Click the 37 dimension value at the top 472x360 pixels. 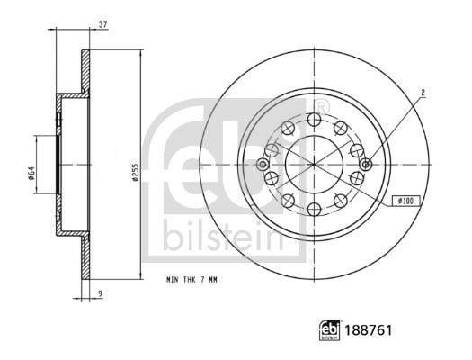coord(103,24)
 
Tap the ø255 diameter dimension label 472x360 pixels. coord(136,172)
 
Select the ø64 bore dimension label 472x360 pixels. coord(31,173)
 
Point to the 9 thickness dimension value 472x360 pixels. coord(101,292)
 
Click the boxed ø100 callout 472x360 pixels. coord(406,201)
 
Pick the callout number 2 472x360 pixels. coord(423,93)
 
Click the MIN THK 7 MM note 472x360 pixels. coord(191,280)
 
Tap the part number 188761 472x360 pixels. coord(369,330)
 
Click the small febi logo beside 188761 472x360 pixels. coord(330,330)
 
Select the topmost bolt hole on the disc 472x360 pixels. coord(315,120)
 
